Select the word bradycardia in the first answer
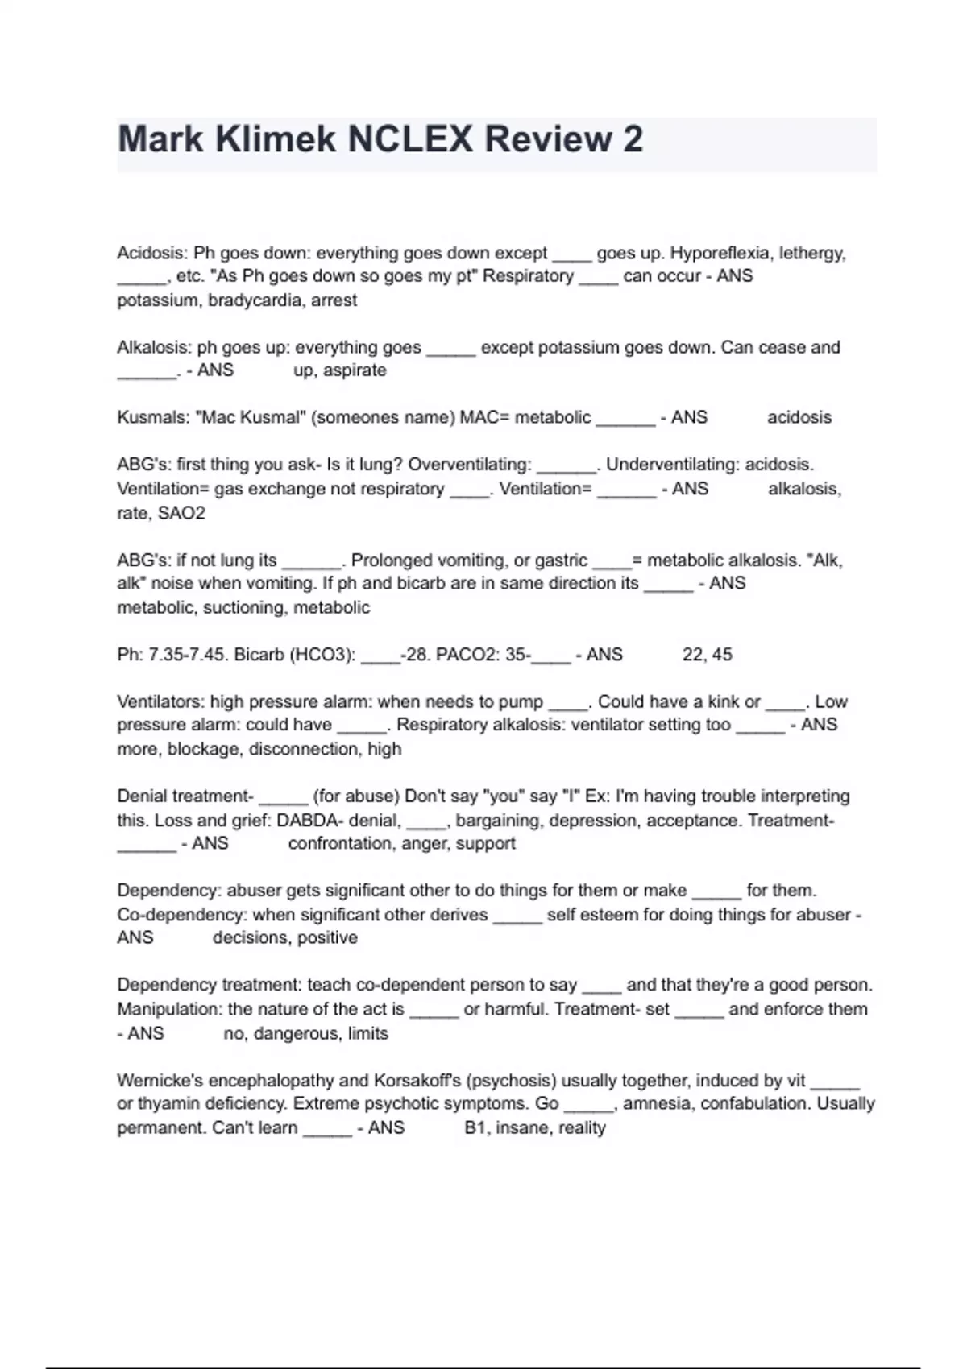coord(255,300)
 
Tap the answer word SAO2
coord(181,513)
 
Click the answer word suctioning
coord(243,608)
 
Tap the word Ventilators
coord(160,702)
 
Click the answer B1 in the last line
coord(475,1128)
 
